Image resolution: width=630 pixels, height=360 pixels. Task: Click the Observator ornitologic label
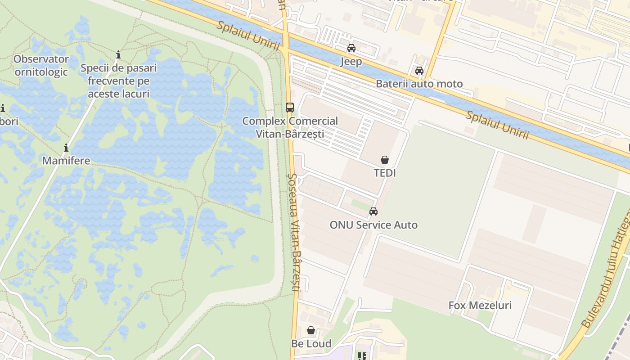click(x=41, y=65)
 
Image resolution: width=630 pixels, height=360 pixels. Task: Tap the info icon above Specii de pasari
click(x=118, y=55)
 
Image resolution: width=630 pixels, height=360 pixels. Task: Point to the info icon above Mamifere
click(x=66, y=148)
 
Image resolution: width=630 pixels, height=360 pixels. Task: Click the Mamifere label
click(x=66, y=161)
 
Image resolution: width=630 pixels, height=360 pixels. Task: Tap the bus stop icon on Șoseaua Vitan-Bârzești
click(x=290, y=108)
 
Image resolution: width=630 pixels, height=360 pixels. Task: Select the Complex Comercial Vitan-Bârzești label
click(x=290, y=127)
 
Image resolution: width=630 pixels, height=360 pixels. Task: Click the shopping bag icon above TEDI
click(x=385, y=160)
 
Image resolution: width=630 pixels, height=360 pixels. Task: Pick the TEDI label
click(x=385, y=173)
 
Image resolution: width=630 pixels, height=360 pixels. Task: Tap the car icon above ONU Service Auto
click(x=373, y=211)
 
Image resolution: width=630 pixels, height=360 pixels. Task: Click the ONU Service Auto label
click(x=373, y=225)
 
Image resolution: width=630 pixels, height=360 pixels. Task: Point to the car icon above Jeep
click(x=351, y=48)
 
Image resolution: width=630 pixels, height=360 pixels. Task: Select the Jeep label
click(x=351, y=62)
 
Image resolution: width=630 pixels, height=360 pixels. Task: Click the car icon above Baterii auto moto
click(x=419, y=71)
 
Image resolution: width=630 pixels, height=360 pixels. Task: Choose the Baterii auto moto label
click(x=419, y=84)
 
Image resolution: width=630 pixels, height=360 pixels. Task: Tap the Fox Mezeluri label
click(x=480, y=306)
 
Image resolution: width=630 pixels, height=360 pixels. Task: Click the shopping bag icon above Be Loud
click(x=311, y=331)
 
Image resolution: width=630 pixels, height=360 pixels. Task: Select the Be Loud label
click(x=311, y=344)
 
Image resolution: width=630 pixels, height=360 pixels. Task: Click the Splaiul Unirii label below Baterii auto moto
click(x=497, y=125)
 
